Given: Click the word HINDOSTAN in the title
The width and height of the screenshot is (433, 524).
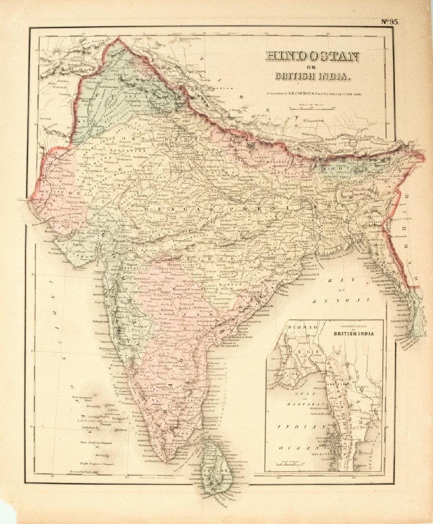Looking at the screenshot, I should click(312, 57).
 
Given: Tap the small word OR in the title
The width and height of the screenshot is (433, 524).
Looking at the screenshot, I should click(312, 68).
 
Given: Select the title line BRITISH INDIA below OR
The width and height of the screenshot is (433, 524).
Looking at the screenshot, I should click(312, 76).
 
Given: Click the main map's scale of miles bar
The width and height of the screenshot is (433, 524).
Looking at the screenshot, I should click(310, 109).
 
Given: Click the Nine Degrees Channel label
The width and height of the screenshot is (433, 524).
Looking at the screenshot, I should click(96, 443).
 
